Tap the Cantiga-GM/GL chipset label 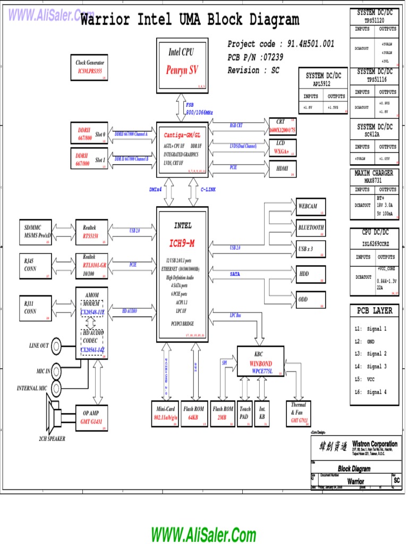[182, 135]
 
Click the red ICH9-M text [182, 243]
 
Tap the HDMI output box [283, 168]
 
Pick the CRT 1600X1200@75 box [283, 126]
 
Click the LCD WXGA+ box [283, 147]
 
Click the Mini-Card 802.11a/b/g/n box [166, 413]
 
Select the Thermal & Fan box [299, 413]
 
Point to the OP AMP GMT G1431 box [91, 416]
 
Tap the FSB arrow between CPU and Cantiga [182, 108]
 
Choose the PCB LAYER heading [375, 310]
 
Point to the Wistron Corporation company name [375, 444]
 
